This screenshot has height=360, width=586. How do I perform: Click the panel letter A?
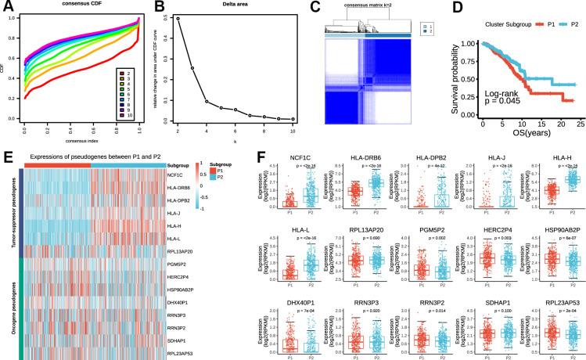(5, 7)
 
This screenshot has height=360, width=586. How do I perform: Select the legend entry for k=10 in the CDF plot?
(124, 116)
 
